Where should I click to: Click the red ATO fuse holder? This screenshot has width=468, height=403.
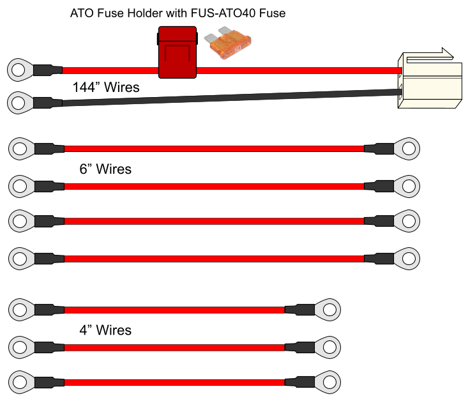pyautogui.click(x=177, y=52)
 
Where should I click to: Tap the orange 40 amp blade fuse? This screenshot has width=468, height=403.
pyautogui.click(x=228, y=43)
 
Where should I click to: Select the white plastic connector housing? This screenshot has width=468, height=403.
pyautogui.click(x=430, y=80)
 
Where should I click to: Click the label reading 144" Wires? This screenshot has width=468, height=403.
pyautogui.click(x=106, y=87)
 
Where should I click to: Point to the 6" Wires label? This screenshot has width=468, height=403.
pyautogui.click(x=105, y=169)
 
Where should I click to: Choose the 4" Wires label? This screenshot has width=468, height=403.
pyautogui.click(x=105, y=330)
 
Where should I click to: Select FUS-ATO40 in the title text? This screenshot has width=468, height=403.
pyautogui.click(x=223, y=13)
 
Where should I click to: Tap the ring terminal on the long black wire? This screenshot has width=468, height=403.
pyautogui.click(x=20, y=103)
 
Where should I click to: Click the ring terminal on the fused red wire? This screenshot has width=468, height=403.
pyautogui.click(x=20, y=70)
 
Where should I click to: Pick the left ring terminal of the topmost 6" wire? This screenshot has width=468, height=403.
pyautogui.click(x=21, y=149)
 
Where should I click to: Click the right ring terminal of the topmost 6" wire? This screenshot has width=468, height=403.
pyautogui.click(x=407, y=149)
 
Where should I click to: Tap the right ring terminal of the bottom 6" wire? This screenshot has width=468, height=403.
pyautogui.click(x=407, y=259)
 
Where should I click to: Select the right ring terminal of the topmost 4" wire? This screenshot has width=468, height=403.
pyautogui.click(x=328, y=310)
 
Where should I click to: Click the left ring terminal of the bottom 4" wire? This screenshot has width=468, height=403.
pyautogui.click(x=21, y=383)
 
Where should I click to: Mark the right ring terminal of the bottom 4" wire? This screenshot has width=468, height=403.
pyautogui.click(x=328, y=383)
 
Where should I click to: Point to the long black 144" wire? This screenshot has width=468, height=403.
pyautogui.click(x=232, y=97)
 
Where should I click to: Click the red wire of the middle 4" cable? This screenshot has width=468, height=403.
pyautogui.click(x=174, y=347)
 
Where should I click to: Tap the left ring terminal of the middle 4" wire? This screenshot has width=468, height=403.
pyautogui.click(x=21, y=347)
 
